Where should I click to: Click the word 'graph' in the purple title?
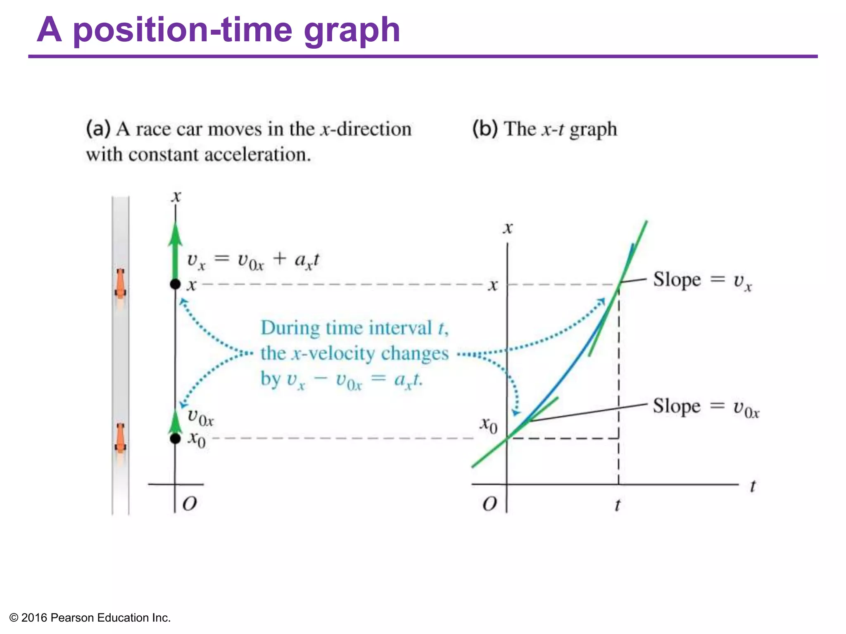pos(352,31)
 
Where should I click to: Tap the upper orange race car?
pos(120,284)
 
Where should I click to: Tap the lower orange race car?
pos(120,438)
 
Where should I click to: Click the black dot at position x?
pos(176,284)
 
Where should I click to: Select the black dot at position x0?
pos(176,438)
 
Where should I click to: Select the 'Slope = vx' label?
pos(702,281)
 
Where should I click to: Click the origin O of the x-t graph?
pos(490,504)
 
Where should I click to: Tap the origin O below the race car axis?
pos(190,504)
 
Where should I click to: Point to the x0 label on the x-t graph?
pos(488,425)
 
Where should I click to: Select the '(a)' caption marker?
pos(98,129)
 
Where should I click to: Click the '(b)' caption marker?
pos(485,129)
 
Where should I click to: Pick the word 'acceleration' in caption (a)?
pos(257,155)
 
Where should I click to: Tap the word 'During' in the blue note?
pos(290,328)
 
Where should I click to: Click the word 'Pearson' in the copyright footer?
pos(73,618)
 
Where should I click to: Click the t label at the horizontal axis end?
pos(753,486)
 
